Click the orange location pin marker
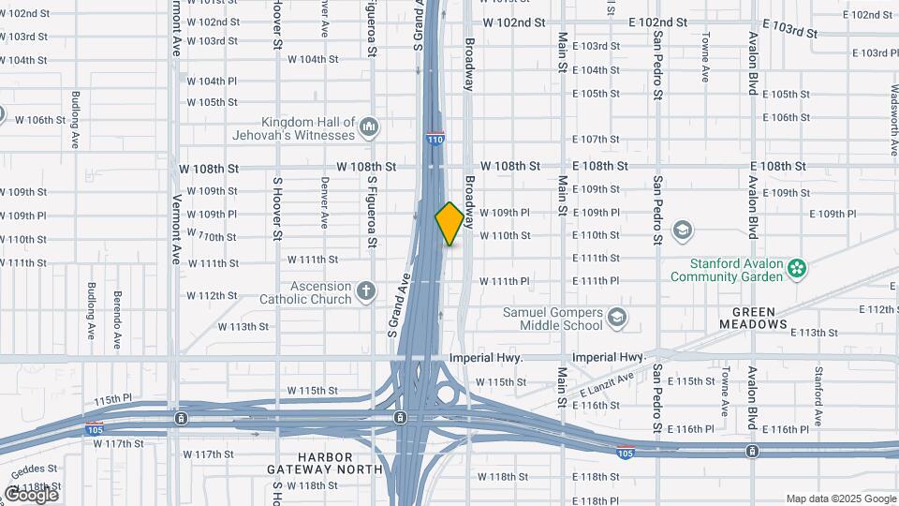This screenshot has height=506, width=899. point(449,223)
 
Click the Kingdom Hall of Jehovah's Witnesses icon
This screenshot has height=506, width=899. point(369,126)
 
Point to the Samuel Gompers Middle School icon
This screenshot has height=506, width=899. point(616,318)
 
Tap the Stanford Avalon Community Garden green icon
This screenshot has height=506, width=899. point(796,269)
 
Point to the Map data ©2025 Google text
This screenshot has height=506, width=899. point(840,499)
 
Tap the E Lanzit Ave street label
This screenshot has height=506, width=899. point(606,382)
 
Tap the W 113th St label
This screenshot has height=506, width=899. point(243,327)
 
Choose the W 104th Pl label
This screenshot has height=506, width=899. point(212,82)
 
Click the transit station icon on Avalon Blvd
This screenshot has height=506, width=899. point(752,452)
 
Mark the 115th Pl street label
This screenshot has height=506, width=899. point(112,400)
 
